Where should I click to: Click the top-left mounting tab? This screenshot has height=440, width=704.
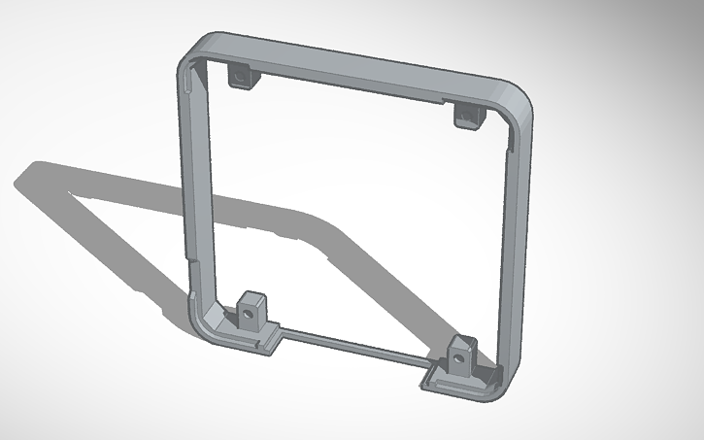click(x=240, y=76)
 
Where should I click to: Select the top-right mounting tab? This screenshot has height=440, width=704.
click(x=468, y=116)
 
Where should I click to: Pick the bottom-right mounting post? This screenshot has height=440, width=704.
click(x=460, y=356)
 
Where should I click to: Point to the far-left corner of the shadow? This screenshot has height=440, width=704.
click(x=17, y=180)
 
